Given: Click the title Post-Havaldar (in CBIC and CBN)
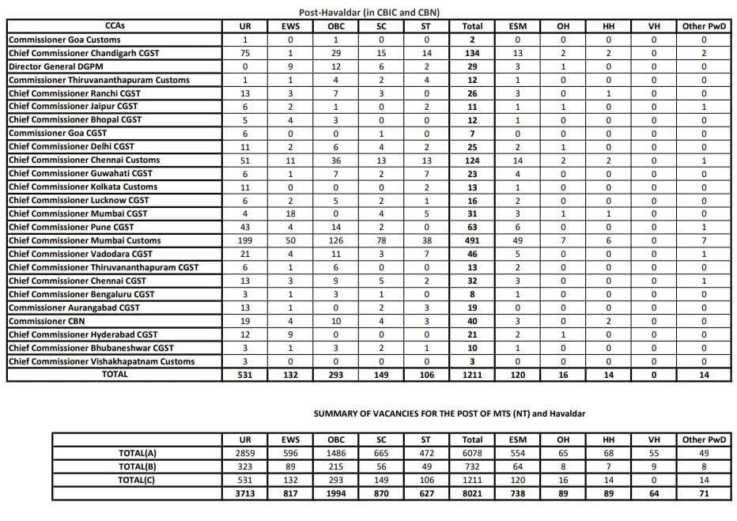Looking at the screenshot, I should pos(369,13).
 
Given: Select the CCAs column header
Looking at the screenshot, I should pos(114,26).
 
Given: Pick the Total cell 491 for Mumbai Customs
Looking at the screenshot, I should pos(472,240).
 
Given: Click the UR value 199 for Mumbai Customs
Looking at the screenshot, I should pos(245,240).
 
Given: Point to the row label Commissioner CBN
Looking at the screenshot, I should pos(46,321).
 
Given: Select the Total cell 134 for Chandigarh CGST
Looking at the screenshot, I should pos(472,53).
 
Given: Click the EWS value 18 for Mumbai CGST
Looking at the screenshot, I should pos(290,213).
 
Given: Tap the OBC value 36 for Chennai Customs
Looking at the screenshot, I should pos(336,160).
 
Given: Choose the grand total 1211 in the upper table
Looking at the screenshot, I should pos(472,375).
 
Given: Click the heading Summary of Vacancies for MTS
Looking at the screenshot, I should pos(449,413).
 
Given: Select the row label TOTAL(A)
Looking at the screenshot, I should pos(137,453).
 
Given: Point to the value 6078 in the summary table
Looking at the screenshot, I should pos(472,453).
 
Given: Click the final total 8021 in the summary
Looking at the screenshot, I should pos(472,493).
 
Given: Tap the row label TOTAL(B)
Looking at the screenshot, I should pos(137,466).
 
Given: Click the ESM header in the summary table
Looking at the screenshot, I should pos(518,440).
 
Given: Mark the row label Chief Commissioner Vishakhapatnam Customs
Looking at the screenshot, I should pos(101,361).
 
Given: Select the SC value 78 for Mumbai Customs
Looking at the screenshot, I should pos(381,240).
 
